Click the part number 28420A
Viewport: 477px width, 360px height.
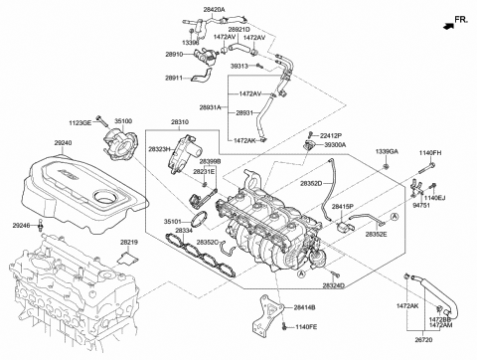click(x=215, y=9)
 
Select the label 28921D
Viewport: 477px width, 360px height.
click(x=239, y=30)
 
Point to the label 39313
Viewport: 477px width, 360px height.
click(x=238, y=66)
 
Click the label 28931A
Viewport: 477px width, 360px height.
click(x=212, y=106)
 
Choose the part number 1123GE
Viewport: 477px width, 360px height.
click(x=80, y=121)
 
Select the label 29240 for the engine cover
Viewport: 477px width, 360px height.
click(x=64, y=142)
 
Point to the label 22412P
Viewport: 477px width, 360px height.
click(x=331, y=134)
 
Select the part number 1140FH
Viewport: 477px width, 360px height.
click(x=429, y=151)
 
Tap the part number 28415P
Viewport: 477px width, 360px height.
click(x=342, y=206)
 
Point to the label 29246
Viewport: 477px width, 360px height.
click(x=22, y=226)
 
